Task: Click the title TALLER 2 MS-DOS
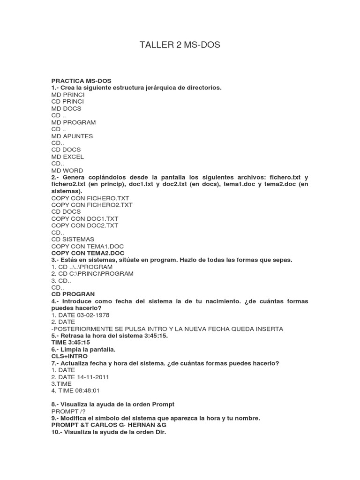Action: [180, 45]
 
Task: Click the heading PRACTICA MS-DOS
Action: [82, 81]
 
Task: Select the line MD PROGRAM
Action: [74, 122]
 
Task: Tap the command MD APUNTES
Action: [72, 136]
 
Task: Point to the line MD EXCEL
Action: [68, 157]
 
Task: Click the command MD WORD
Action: [67, 171]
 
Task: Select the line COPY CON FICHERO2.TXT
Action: [92, 205]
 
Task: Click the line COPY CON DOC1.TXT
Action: [85, 218]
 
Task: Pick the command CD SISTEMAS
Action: [73, 239]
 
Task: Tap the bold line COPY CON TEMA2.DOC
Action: [88, 253]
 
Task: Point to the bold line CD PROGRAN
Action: [73, 294]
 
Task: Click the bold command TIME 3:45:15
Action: [71, 343]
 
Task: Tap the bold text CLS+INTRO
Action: [69, 356]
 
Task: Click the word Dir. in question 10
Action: [161, 432]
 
